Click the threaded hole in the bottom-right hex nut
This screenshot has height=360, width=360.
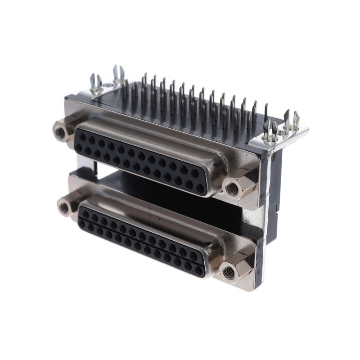tap(230, 271)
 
